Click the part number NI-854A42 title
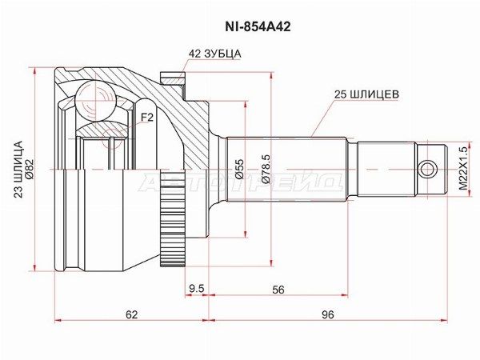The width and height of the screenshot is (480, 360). [x=239, y=26]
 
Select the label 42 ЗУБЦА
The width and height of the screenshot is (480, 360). [x=214, y=54]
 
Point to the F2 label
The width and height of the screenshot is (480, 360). [x=146, y=118]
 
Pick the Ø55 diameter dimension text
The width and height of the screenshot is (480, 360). [x=239, y=169]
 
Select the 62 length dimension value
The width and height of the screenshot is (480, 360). [x=131, y=314]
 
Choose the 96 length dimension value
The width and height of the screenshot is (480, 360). [x=326, y=314]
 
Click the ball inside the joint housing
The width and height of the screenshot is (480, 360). [x=100, y=102]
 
